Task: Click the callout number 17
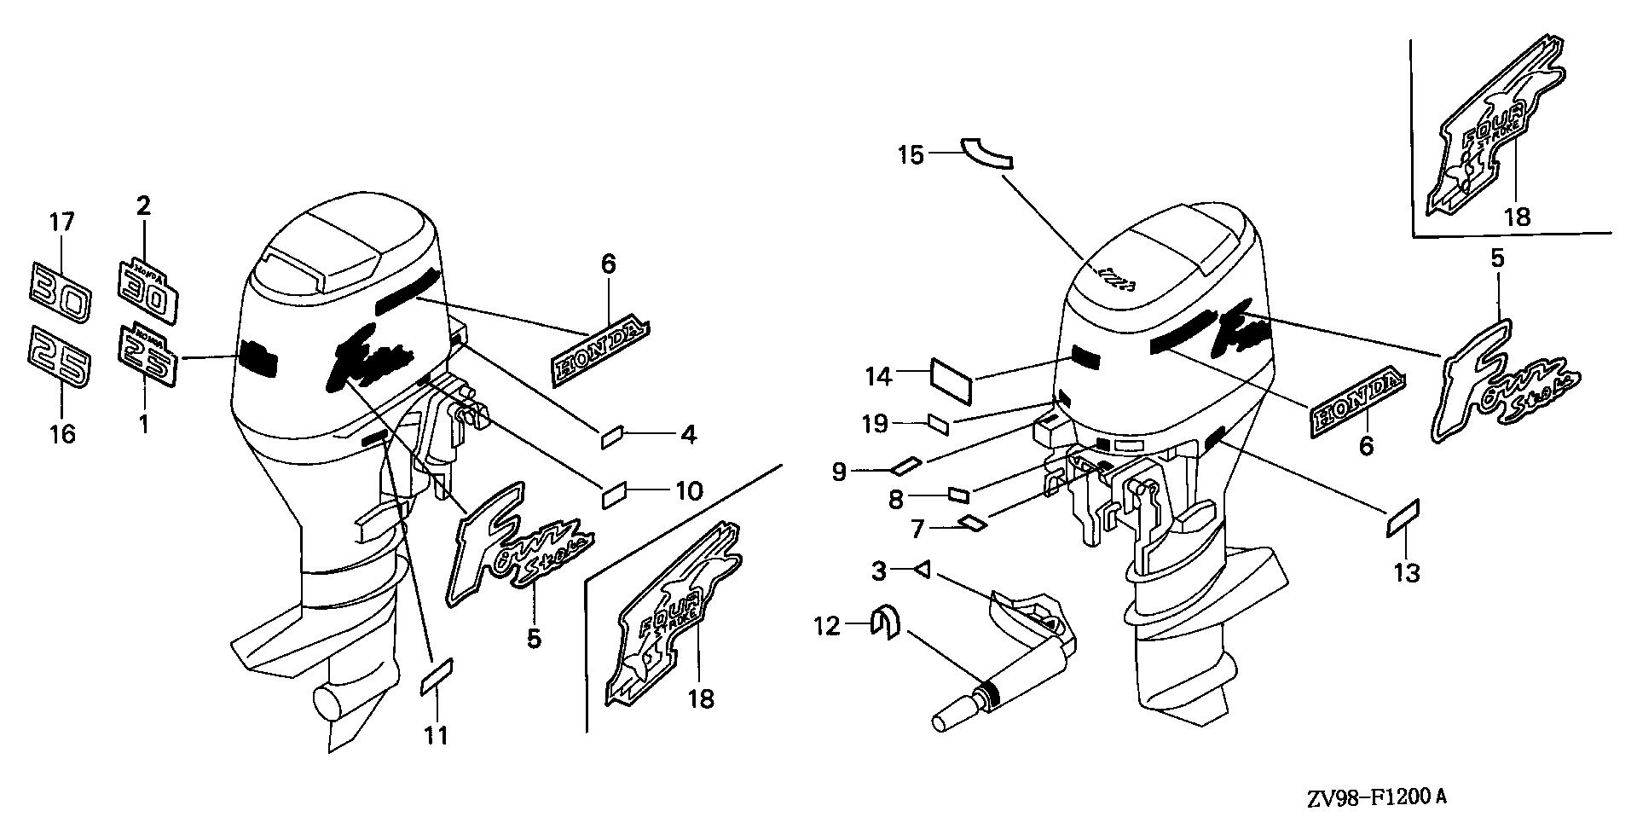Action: (61, 223)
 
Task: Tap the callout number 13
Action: (1406, 573)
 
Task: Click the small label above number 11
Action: (437, 675)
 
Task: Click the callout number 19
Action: (875, 423)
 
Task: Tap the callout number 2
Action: (143, 206)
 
